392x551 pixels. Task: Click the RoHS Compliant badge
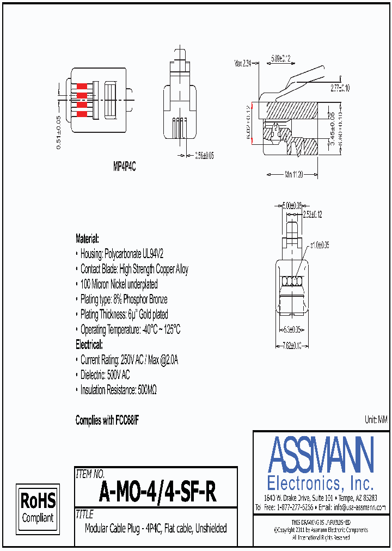[x=38, y=507]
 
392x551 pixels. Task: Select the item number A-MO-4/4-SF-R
[x=158, y=493]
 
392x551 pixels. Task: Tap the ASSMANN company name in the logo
[x=321, y=455]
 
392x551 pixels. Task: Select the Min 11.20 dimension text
[x=293, y=175]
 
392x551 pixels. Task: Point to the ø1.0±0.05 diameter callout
[x=320, y=245]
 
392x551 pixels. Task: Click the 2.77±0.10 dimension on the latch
[x=340, y=87]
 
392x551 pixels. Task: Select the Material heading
[x=87, y=238]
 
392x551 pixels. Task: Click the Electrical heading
[x=89, y=345]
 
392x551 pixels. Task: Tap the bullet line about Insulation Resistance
[x=119, y=390]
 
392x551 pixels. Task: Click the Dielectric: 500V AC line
[x=105, y=375]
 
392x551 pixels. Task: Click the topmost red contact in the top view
[x=82, y=87]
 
